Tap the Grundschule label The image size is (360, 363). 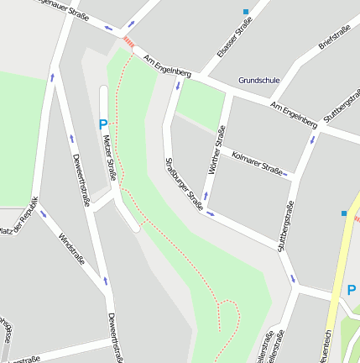tap(258, 81)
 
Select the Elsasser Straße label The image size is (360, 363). tap(234, 38)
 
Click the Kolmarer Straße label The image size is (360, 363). tap(256, 161)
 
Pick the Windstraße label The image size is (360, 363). tap(71, 250)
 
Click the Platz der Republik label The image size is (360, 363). tap(18, 216)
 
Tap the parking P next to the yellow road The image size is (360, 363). tap(352, 289)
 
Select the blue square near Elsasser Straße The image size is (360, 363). tap(246, 12)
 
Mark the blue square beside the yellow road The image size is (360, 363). tap(344, 213)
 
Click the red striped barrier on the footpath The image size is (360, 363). tap(128, 39)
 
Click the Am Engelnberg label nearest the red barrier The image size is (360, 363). tap(167, 67)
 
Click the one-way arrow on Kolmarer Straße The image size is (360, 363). tap(285, 174)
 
